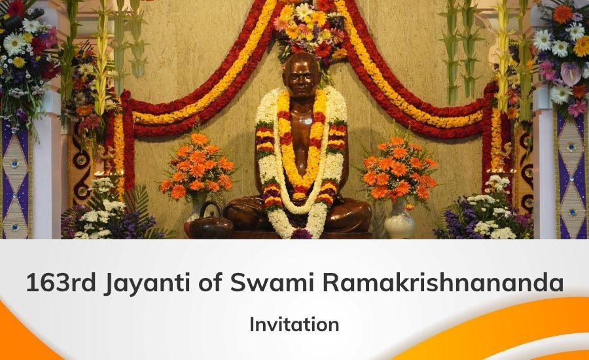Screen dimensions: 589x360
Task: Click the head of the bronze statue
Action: (302, 77)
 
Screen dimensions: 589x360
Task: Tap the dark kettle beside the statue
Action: (209, 222)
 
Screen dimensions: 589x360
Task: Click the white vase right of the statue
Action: (399, 220)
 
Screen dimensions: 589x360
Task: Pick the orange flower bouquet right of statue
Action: (399, 167)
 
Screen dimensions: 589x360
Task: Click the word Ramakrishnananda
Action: (443, 283)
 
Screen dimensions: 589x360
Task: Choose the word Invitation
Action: (294, 324)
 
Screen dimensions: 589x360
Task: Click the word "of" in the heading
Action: (209, 283)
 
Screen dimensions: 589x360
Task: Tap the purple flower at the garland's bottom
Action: (301, 234)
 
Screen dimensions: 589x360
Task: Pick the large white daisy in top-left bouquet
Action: (14, 43)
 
